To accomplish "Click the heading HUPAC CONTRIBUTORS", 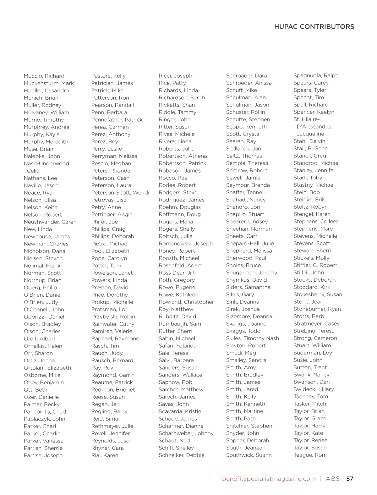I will [314, 27].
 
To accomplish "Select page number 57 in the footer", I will [350, 479].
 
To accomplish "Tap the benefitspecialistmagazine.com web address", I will [269, 479].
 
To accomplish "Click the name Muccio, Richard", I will [44, 76].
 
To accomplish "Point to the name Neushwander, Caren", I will [50, 222].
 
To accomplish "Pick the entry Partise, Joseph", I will [43, 455].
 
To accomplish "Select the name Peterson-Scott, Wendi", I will [120, 193].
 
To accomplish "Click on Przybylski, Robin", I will [113, 316].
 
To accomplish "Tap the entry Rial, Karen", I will [105, 455].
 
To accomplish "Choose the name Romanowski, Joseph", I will [185, 244].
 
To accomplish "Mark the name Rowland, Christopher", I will [186, 302].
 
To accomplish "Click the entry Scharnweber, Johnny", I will [186, 433].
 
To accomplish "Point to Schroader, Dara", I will [246, 76].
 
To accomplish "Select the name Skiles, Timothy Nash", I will [252, 338].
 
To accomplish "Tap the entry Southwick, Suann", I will [249, 455].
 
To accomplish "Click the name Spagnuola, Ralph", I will [316, 75].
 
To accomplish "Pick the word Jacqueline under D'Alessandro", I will [310, 134].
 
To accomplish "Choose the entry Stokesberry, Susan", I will [318, 294].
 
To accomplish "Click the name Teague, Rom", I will [310, 455].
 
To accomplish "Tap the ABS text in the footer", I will [333, 479].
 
